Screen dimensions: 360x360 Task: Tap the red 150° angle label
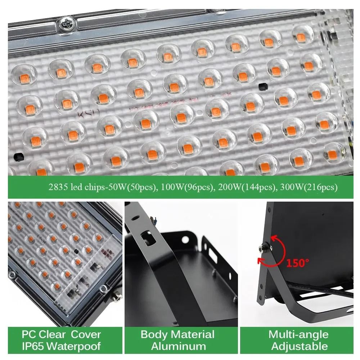tap(297, 262)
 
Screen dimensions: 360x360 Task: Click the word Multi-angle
tap(298, 334)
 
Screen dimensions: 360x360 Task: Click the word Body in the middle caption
tap(154, 334)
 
